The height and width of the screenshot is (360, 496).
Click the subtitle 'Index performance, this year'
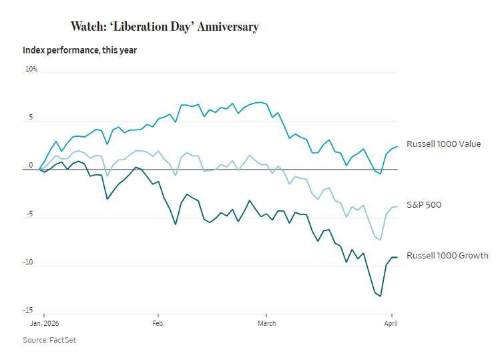pyautogui.click(x=79, y=50)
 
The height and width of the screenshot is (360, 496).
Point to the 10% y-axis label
pyautogui.click(x=31, y=69)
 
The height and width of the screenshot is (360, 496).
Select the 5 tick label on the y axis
pyautogui.click(x=29, y=118)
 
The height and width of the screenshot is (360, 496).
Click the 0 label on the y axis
pyautogui.click(x=30, y=166)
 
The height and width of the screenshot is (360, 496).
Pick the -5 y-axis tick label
pyautogui.click(x=28, y=214)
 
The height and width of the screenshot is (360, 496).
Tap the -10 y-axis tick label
pyautogui.click(x=29, y=262)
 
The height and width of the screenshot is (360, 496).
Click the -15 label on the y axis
pyautogui.click(x=29, y=311)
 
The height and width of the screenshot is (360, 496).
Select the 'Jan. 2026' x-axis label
pyautogui.click(x=45, y=322)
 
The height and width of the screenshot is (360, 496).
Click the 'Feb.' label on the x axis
pyautogui.click(x=158, y=322)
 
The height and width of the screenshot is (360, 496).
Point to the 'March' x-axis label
pyautogui.click(x=266, y=322)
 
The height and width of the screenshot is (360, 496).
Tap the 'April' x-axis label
pyautogui.click(x=392, y=322)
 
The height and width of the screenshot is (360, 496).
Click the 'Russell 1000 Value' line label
pyautogui.click(x=443, y=144)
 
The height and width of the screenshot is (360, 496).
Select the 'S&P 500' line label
pyautogui.click(x=423, y=204)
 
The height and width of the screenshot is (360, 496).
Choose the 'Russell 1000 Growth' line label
pyautogui.click(x=447, y=256)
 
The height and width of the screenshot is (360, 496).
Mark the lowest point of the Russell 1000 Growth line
pyautogui.click(x=381, y=296)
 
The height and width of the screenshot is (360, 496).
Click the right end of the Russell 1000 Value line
pyautogui.click(x=397, y=146)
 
